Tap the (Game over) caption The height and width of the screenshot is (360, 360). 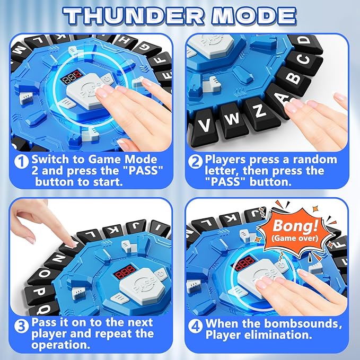289,237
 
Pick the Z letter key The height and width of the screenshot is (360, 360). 259,110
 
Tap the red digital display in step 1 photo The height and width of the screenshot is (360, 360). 71,78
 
